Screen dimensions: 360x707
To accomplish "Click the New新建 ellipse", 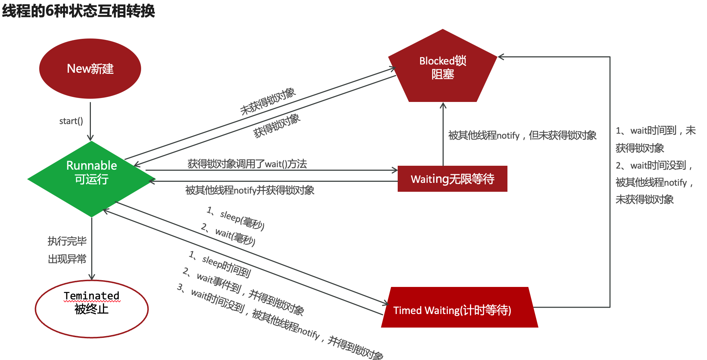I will click(90, 68).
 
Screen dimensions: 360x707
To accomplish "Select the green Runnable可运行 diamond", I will click(91, 178).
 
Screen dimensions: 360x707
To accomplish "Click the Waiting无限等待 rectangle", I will click(452, 179).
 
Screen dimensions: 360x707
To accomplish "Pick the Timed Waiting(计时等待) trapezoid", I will click(459, 308).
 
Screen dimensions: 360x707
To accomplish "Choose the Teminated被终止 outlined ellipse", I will click(92, 309).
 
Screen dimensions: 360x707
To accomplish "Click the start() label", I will click(71, 121).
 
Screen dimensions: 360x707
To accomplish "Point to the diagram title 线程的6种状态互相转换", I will click(78, 11).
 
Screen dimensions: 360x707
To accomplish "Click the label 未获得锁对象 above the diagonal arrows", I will click(268, 101).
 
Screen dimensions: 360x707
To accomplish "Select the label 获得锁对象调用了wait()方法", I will click(247, 164).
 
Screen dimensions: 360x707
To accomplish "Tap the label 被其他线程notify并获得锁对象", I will click(249, 190).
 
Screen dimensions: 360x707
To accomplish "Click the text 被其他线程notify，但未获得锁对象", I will click(522, 135).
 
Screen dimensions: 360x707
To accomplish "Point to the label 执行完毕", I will click(67, 241).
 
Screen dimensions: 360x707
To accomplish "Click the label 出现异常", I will click(67, 259).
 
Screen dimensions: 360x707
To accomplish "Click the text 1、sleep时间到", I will click(220, 264).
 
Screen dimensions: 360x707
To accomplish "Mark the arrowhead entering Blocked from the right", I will click(500, 57).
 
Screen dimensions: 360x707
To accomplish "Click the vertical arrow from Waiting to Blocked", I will click(443, 135).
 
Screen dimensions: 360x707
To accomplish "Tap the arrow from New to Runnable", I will click(90, 121).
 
